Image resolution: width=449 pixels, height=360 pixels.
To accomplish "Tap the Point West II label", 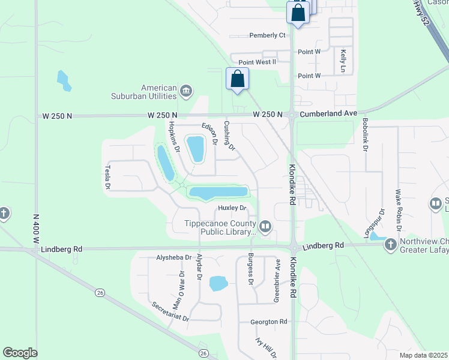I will point(257,62).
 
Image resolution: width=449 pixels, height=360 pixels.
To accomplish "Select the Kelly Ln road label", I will point(343,61).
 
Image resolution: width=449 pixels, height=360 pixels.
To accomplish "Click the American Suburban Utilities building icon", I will point(185,91).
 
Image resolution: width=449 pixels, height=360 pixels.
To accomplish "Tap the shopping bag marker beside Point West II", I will point(238,79).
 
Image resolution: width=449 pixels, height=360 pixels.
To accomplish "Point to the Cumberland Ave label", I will point(329,113).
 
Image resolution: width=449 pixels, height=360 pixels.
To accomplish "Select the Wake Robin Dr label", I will point(398,211).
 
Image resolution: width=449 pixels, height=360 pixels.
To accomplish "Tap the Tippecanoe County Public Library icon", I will point(265,226).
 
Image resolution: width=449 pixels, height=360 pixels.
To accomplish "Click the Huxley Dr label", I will point(232,208).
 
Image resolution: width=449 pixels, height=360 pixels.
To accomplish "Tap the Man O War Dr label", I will point(178,290).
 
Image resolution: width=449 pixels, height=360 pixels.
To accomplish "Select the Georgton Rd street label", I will point(269,322).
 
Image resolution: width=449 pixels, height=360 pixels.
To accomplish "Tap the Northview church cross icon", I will point(391,244).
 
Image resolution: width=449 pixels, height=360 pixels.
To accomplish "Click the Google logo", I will point(20,353).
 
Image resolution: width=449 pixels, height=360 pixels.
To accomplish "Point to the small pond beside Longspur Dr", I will point(377,237).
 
